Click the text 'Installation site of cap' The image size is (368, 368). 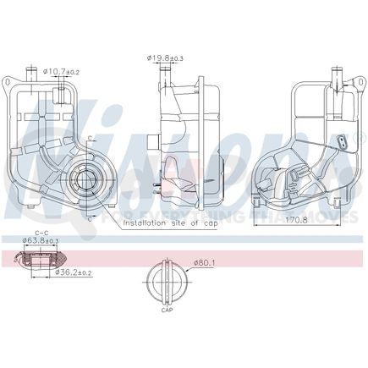point(169,223)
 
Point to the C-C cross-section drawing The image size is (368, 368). point(40,260)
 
